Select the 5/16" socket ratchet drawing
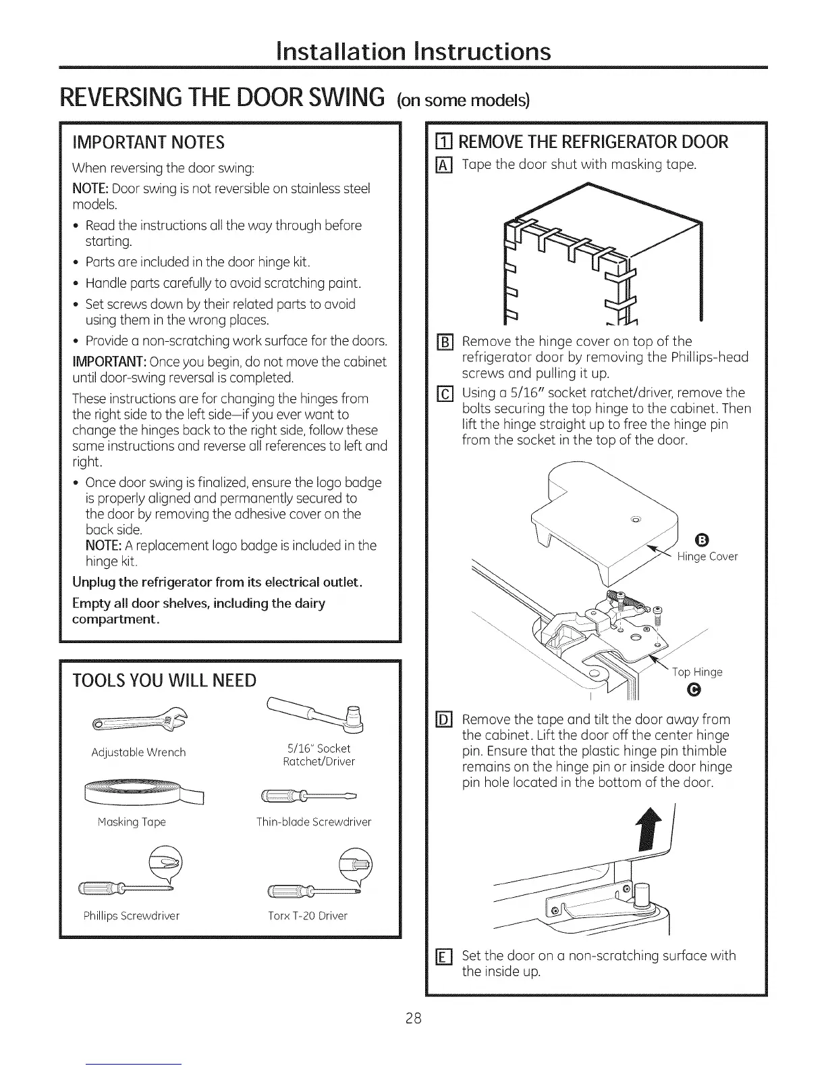click(319, 716)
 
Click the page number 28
click(413, 1018)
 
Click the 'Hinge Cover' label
click(707, 557)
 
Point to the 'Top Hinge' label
click(697, 672)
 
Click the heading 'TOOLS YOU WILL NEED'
click(164, 680)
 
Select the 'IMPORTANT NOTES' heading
click(148, 142)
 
